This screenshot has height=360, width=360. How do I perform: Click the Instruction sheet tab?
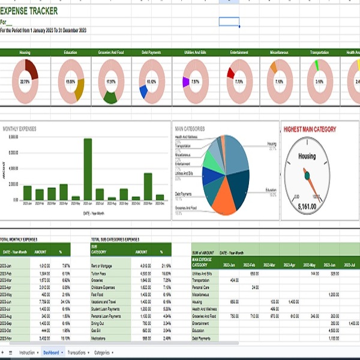tap(27, 353)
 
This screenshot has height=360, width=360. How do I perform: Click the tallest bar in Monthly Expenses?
tap(88, 169)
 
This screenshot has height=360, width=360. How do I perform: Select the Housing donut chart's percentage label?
tap(25, 81)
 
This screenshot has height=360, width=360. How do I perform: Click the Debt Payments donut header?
tap(150, 52)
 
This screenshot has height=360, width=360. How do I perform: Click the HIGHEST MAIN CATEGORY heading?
tap(310, 129)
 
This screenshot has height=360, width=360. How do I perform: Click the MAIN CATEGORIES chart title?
tap(190, 128)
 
